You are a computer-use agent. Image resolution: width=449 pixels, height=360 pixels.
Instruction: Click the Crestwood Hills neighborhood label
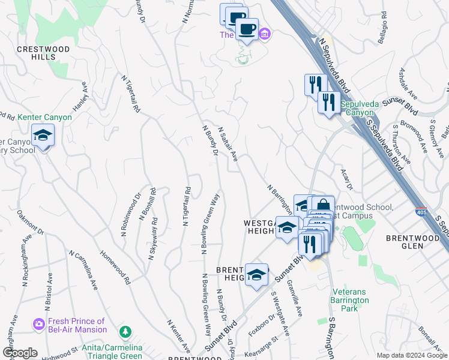(43, 53)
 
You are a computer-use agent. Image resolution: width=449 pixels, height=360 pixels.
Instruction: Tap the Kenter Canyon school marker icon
(43, 136)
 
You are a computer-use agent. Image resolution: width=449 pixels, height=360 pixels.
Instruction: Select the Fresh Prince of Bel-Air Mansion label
(77, 325)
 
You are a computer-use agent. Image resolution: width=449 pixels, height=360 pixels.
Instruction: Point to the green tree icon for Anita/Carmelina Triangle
(125, 331)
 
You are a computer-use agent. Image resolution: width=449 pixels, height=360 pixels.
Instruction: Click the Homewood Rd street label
(115, 268)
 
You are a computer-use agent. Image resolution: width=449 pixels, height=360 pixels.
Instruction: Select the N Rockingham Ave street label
(26, 247)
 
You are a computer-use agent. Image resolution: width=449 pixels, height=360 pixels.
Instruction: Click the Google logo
(19, 353)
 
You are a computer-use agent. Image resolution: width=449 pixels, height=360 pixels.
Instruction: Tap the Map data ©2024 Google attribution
(411, 355)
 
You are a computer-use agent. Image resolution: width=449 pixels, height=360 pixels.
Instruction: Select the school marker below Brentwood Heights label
(257, 276)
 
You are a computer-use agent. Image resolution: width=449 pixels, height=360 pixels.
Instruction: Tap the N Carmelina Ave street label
(83, 271)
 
